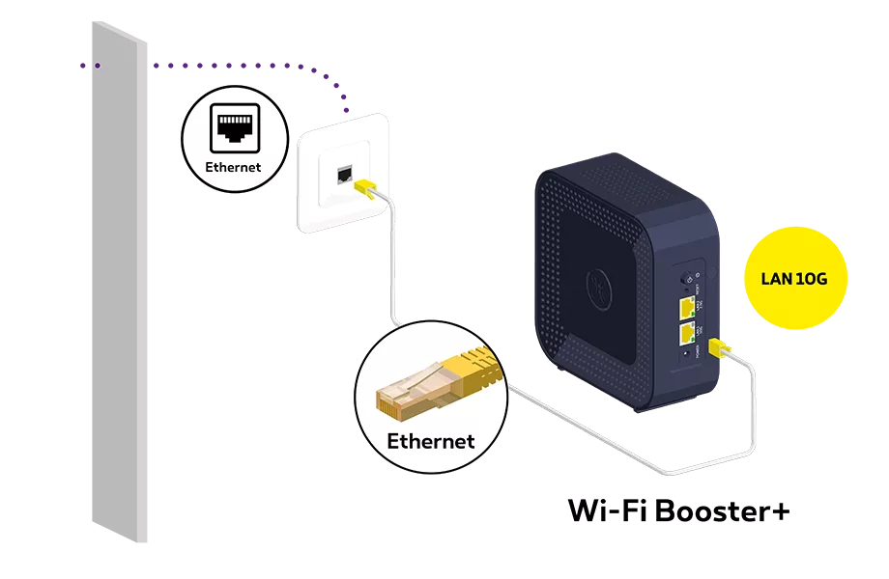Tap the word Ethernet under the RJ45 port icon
coord(234,166)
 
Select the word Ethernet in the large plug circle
coord(431,441)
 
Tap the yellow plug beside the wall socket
coord(366,186)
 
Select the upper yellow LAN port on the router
coord(687,308)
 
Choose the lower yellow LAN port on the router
coord(687,334)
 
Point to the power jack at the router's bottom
coord(687,355)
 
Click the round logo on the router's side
coord(600,285)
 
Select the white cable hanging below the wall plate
coord(391,270)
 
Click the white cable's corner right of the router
coord(755,450)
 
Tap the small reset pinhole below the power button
coord(687,290)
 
